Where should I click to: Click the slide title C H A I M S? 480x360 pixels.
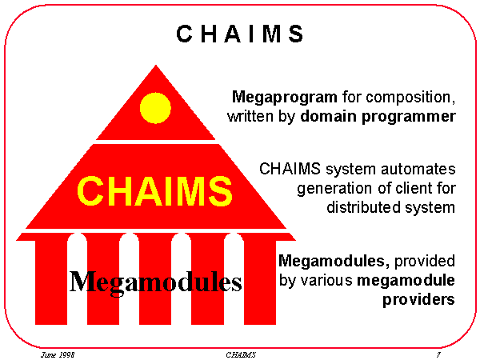(240, 34)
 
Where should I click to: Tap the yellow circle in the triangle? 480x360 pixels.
(155, 108)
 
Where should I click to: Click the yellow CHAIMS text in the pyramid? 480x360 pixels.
(154, 192)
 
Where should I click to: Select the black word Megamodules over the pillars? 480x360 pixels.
(155, 281)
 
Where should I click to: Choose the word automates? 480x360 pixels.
(422, 170)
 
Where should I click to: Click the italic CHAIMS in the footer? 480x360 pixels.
(240, 354)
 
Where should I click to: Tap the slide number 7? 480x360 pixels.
(438, 354)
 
